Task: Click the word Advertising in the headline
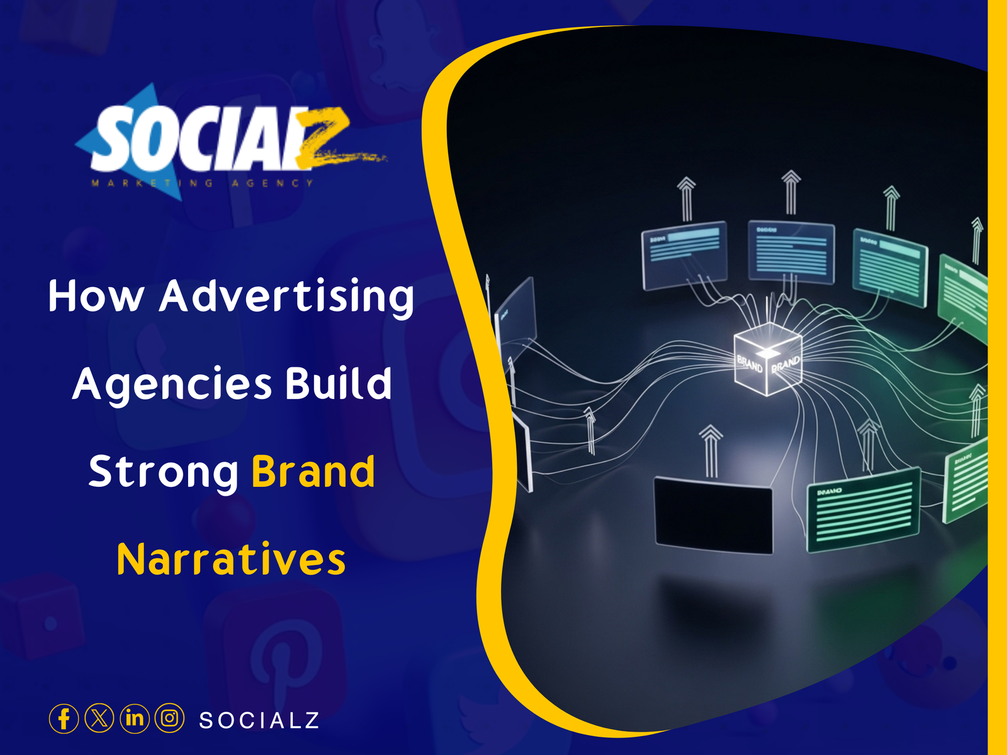coord(286,297)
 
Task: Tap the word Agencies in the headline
coord(172,384)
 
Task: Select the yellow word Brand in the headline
coord(313,472)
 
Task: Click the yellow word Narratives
coord(231,559)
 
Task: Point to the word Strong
coord(163,473)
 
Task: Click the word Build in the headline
coord(339,383)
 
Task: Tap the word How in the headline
coord(96,296)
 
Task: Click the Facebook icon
coord(64,719)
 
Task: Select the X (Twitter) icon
coord(99,719)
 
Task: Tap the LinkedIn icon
coord(135,719)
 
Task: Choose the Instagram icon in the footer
coord(169,719)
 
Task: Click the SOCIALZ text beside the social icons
coord(259,720)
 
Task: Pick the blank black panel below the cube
coord(713,516)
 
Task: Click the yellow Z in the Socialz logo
coord(324,138)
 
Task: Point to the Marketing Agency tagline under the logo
coord(202,183)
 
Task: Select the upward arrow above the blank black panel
coord(711,450)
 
